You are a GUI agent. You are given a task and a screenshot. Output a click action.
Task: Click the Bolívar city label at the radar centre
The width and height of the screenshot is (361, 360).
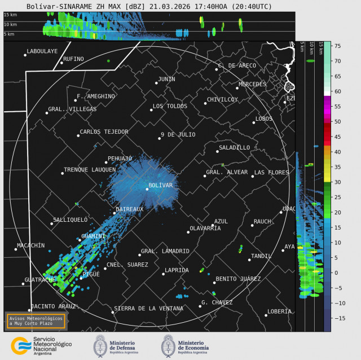pyautogui.click(x=160, y=185)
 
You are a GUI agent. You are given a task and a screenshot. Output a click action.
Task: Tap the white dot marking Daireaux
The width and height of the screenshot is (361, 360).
pyautogui.click(x=114, y=213)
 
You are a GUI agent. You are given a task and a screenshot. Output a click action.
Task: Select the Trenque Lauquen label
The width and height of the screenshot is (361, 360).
pyautogui.click(x=90, y=169)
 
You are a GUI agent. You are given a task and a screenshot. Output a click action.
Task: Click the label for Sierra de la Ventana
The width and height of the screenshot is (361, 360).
pyautogui.click(x=148, y=309)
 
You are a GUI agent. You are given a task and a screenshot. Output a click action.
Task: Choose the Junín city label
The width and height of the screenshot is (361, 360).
pyautogui.click(x=166, y=79)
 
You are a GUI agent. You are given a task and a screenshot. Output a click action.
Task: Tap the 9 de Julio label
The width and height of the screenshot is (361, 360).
pyautogui.click(x=178, y=134)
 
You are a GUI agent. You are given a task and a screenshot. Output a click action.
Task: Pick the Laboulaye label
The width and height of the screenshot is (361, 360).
pyautogui.click(x=42, y=51)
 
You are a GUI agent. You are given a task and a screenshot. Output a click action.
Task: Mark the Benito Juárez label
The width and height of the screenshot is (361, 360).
pyautogui.click(x=238, y=279)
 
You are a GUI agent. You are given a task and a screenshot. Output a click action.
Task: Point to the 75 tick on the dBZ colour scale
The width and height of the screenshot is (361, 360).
pyautogui.click(x=337, y=46)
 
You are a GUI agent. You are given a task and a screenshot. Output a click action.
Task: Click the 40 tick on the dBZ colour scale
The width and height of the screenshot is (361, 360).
pyautogui.click(x=337, y=152)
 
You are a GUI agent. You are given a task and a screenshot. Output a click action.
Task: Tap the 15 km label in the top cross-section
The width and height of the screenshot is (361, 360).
pyautogui.click(x=9, y=15)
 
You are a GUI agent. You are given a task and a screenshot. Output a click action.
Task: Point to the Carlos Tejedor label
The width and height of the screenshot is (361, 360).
pyautogui.click(x=104, y=131)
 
